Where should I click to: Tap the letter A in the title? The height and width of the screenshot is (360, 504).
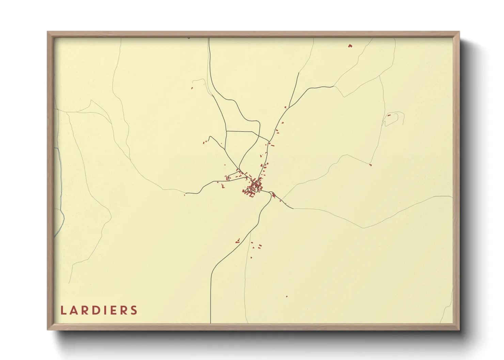pyautogui.click(x=74, y=310)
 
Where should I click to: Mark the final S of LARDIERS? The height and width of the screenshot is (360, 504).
pyautogui.click(x=135, y=310)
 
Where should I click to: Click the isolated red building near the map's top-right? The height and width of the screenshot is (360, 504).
pyautogui.click(x=350, y=46)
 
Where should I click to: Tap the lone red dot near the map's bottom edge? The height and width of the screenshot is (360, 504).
pyautogui.click(x=287, y=296)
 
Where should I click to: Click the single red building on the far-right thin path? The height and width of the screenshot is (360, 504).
pyautogui.click(x=370, y=165)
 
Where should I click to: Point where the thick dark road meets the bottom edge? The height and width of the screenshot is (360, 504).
pyautogui.click(x=211, y=322)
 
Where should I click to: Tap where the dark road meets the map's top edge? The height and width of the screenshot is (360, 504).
pyautogui.click(x=209, y=38)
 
